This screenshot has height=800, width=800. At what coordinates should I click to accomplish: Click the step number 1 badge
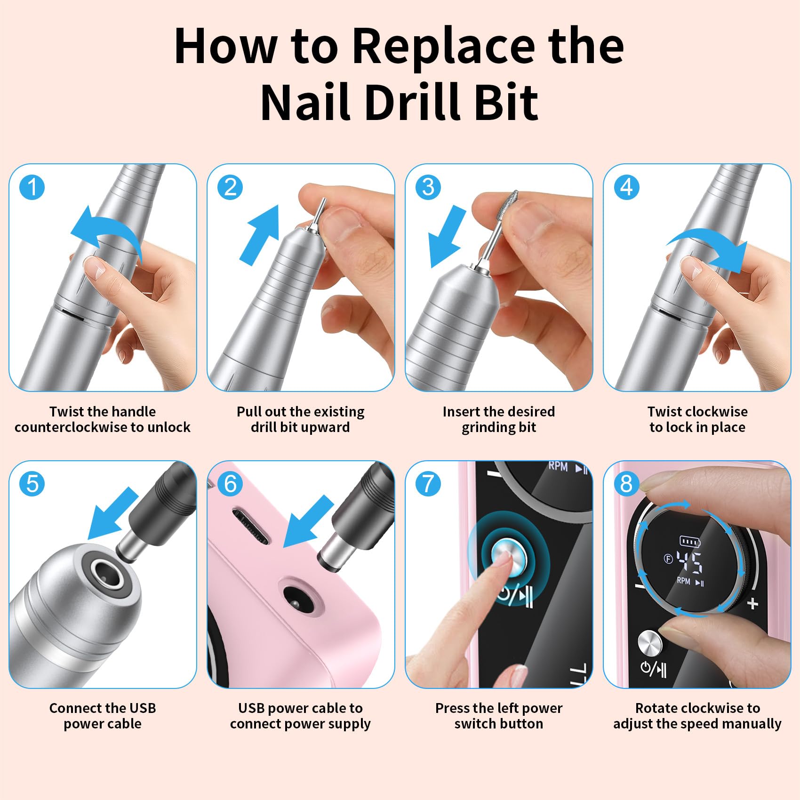click(32, 187)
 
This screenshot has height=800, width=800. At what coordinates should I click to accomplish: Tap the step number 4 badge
click(626, 187)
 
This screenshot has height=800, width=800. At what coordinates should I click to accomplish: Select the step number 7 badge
click(428, 484)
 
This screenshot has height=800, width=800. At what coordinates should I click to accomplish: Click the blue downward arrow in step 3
click(448, 238)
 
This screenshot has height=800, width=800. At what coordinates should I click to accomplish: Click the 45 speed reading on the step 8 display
click(690, 563)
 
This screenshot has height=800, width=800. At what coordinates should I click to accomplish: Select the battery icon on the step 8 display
click(690, 542)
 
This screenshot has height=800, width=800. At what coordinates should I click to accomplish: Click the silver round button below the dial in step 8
click(649, 643)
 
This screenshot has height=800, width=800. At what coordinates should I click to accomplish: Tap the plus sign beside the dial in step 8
click(752, 603)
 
